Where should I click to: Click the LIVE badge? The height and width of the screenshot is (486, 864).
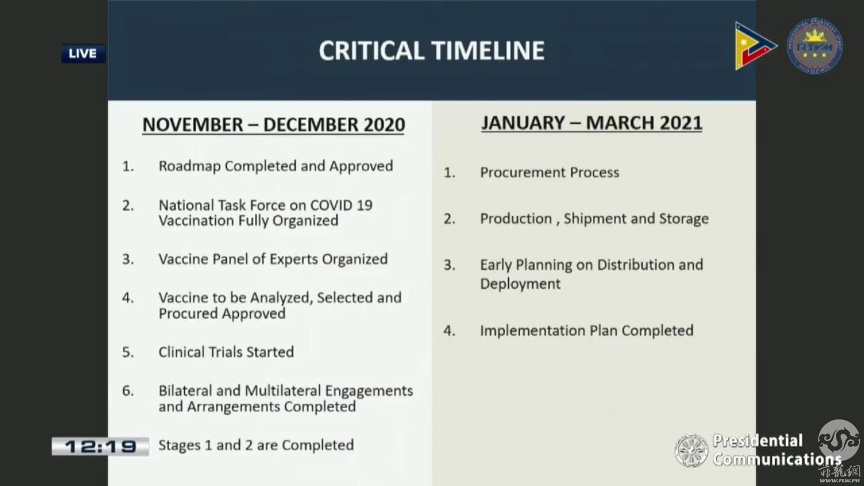coord(83,53)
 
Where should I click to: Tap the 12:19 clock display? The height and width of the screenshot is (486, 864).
coord(100,446)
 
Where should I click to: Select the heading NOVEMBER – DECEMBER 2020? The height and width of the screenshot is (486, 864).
coord(274,125)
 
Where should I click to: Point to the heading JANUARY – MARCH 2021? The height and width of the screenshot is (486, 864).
coord(592,122)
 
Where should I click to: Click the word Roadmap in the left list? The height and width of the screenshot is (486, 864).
coord(190,166)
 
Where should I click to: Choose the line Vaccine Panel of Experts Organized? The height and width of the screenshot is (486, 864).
coord(273,259)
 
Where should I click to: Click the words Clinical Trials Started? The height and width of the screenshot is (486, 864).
coord(226,352)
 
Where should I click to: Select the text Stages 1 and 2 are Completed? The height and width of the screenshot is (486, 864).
coord(256,445)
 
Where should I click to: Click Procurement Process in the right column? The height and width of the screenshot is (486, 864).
coord(550,172)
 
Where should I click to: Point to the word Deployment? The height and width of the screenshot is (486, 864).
coord(520,284)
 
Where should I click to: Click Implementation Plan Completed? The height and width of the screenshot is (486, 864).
coord(587,331)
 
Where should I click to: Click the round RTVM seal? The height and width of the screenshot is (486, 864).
coord(815,46)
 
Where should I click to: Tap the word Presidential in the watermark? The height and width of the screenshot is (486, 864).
coord(758,440)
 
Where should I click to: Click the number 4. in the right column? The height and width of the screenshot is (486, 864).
coord(449,331)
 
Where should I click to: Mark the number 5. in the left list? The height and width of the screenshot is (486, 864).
coord(128,352)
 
